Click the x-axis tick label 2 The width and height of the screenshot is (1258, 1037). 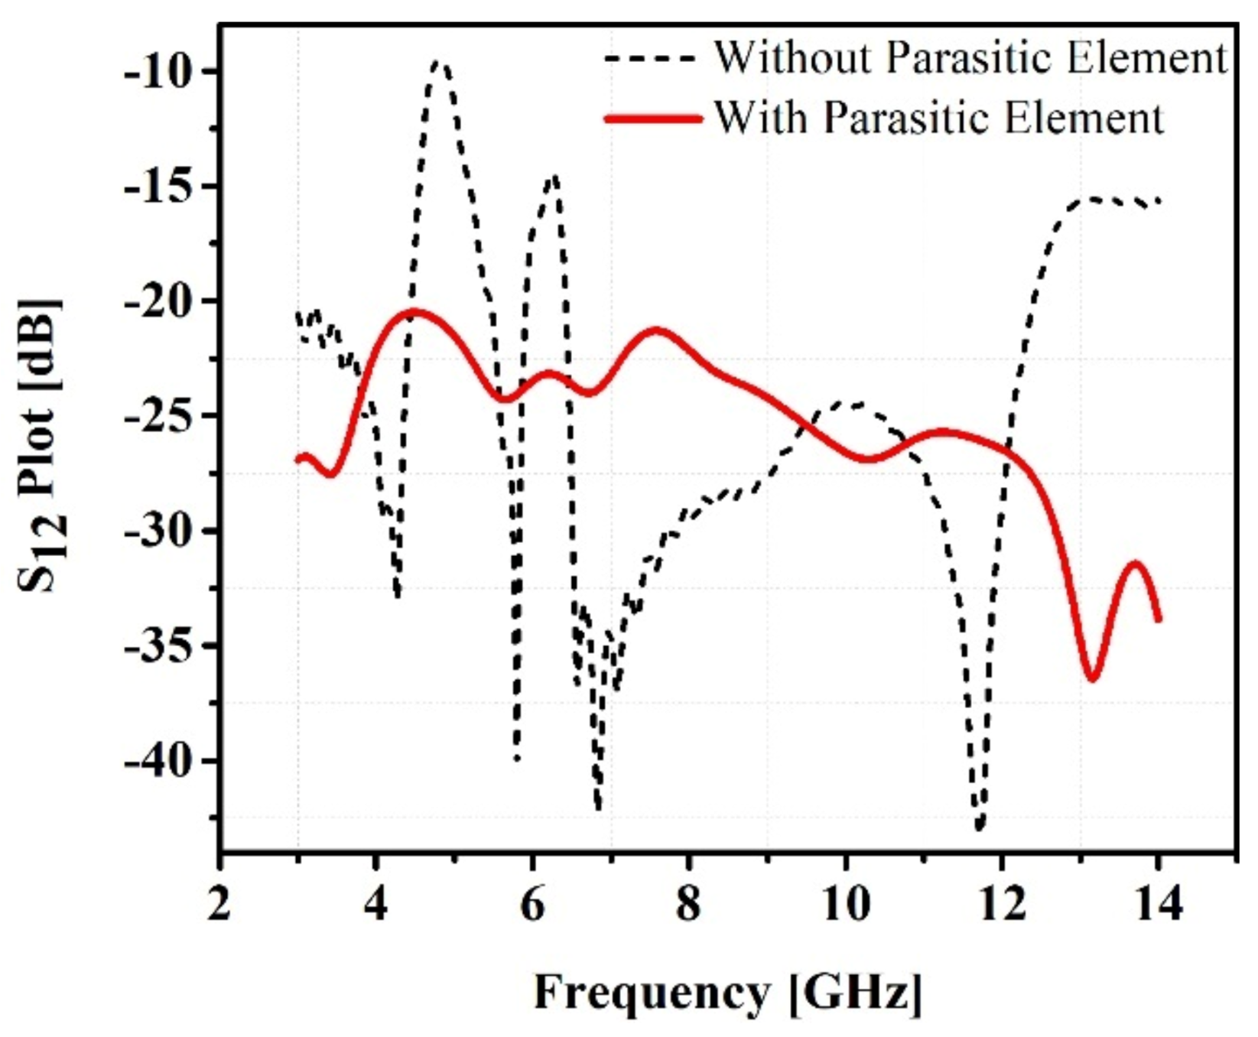[x=219, y=904]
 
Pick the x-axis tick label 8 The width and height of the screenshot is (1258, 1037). [x=689, y=904]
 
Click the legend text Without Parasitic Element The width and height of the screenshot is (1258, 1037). [x=970, y=57]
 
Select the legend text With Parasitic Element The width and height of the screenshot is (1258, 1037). [x=938, y=119]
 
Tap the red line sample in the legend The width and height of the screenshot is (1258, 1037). [x=652, y=119]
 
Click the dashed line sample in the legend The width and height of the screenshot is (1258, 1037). [x=651, y=58]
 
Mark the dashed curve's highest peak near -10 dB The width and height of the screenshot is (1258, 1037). [x=440, y=63]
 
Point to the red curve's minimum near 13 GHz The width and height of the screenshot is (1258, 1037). [x=1091, y=678]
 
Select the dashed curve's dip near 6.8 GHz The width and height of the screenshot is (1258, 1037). [x=598, y=808]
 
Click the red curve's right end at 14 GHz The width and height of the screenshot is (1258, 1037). [x=1159, y=619]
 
